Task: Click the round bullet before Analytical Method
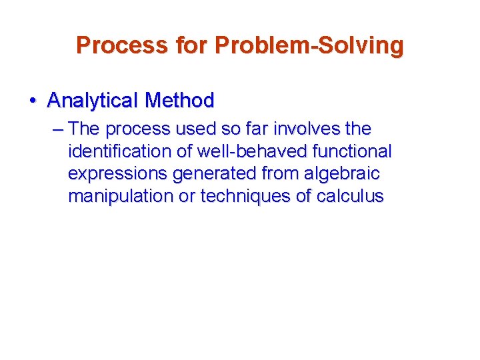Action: [x=32, y=101]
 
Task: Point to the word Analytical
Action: [x=93, y=101]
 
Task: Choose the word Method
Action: [x=179, y=101]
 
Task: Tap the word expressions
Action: [x=118, y=174]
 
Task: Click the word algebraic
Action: [x=341, y=174]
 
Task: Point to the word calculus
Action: [x=351, y=197]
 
